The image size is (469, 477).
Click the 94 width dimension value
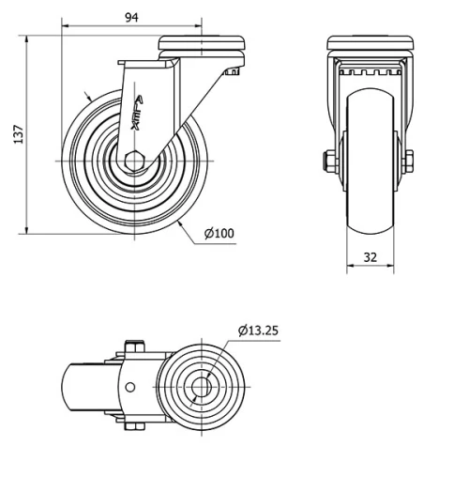pyautogui.click(x=131, y=18)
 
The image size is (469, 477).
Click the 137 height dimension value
pyautogui.click(x=19, y=134)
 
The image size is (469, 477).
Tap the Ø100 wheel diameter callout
pyautogui.click(x=219, y=234)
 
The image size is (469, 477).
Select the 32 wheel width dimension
pyautogui.click(x=371, y=257)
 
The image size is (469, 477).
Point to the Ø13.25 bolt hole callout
pyautogui.click(x=258, y=331)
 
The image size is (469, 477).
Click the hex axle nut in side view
pyautogui.click(x=134, y=162)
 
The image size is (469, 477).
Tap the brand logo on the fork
pyautogui.click(x=137, y=114)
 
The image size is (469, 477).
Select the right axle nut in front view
pyautogui.click(x=408, y=162)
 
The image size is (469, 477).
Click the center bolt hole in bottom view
pyautogui.click(x=201, y=387)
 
